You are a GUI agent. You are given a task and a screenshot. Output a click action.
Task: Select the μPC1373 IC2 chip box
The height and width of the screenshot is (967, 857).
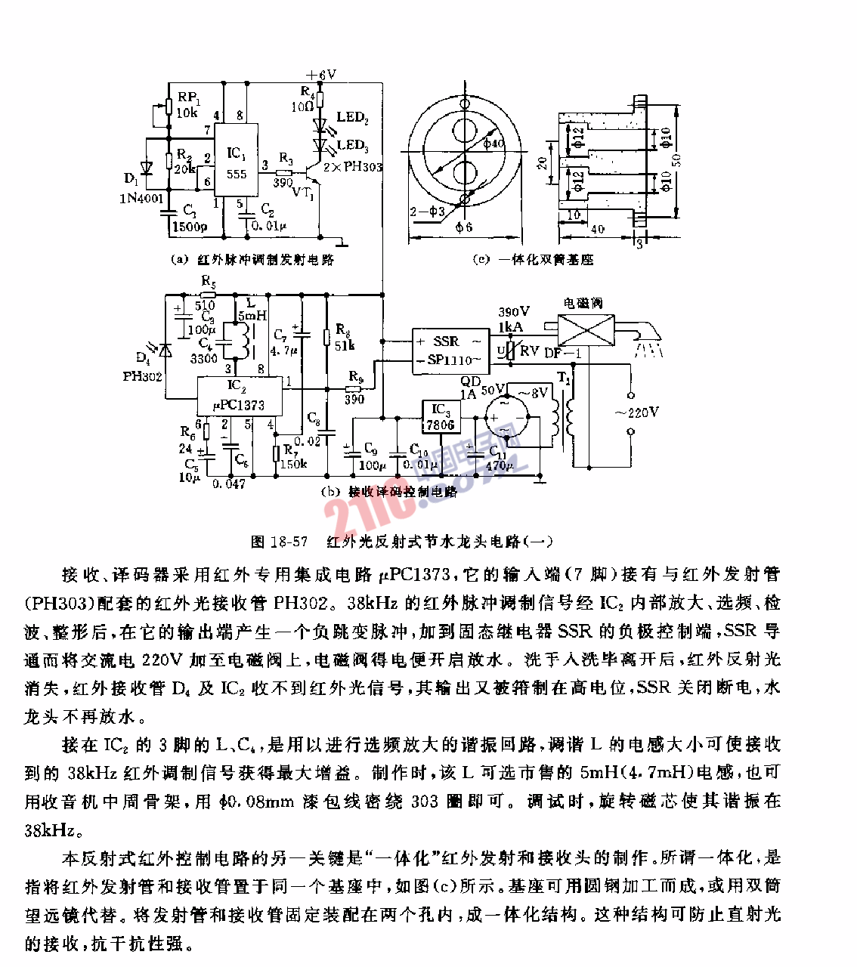click(x=239, y=397)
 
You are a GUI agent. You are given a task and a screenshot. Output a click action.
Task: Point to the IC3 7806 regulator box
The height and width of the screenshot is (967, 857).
click(x=440, y=417)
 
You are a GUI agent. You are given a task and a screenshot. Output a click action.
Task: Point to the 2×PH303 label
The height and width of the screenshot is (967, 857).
click(x=353, y=167)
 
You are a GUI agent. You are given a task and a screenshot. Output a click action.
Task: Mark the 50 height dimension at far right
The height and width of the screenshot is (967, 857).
click(x=677, y=160)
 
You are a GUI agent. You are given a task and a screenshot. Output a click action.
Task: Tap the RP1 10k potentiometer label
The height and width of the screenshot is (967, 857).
click(x=188, y=105)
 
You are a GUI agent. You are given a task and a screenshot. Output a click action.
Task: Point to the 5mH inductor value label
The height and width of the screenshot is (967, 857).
click(x=252, y=315)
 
